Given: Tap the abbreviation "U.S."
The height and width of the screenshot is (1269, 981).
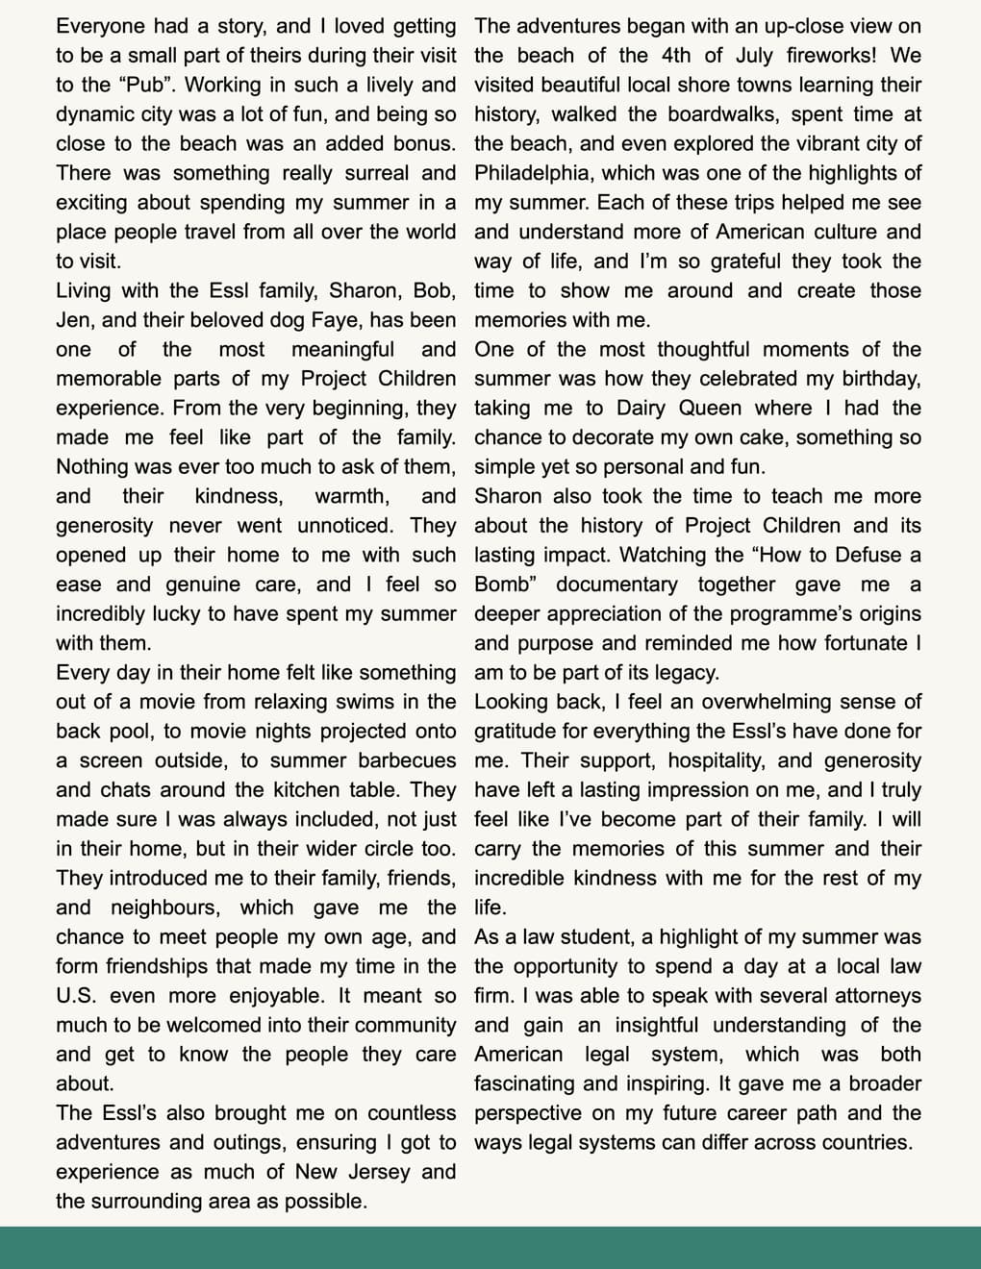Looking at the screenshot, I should click(x=82, y=996).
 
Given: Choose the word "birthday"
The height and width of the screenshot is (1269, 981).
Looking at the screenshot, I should click(x=878, y=379).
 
